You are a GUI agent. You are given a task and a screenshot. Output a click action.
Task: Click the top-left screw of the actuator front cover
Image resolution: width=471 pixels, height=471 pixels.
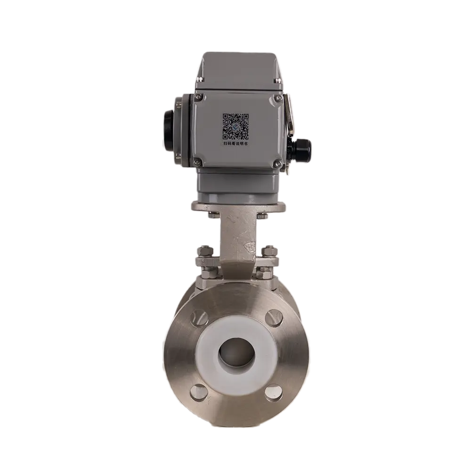point(198,98)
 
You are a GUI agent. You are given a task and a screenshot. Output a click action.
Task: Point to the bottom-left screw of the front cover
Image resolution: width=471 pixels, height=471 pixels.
point(198,163)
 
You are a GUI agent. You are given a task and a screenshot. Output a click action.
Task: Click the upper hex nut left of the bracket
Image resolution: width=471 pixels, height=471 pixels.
point(206,252)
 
